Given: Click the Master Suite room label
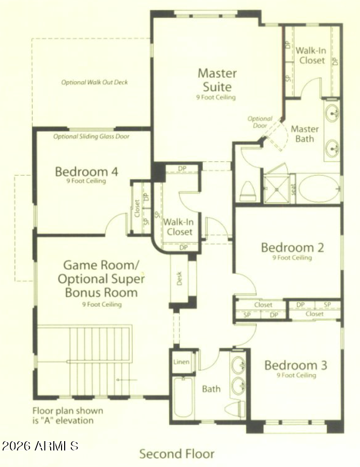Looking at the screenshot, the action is (x=217, y=80).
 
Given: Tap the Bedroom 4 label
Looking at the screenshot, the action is (x=86, y=172).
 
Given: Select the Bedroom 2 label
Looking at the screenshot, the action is (x=292, y=248).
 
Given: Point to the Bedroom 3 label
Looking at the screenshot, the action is (x=296, y=365).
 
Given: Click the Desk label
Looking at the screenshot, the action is (x=179, y=278).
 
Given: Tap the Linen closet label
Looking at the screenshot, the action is (x=182, y=362).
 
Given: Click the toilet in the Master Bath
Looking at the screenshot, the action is (x=248, y=191).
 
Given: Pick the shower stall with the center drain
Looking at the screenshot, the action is (x=277, y=190).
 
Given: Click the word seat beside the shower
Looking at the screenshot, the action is (x=293, y=189).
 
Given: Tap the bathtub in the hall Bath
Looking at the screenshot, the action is (x=183, y=397).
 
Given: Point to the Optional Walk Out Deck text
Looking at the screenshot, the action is (x=94, y=82).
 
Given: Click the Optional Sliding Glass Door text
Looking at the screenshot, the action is (x=92, y=137).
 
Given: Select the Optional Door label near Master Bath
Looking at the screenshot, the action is (x=260, y=122).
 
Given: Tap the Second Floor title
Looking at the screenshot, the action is (x=177, y=454).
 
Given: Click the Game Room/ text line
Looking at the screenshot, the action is (x=101, y=265).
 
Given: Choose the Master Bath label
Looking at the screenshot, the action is (x=305, y=134).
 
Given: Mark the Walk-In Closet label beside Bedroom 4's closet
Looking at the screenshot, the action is (x=178, y=227).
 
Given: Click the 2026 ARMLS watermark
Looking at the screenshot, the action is (x=40, y=446).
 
